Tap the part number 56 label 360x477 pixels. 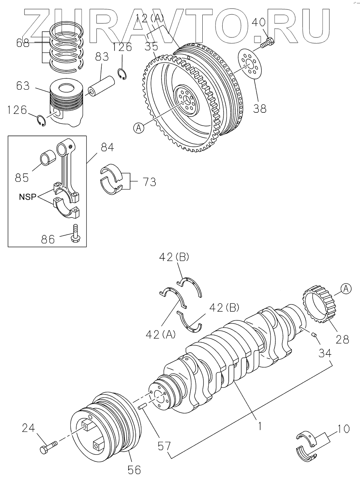[134, 469]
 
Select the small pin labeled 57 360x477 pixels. [142, 407]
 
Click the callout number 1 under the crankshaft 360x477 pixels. [260, 426]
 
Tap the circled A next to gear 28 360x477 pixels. [346, 289]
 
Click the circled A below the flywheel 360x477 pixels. [139, 128]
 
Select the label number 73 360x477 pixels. [149, 182]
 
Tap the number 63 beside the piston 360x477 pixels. [22, 86]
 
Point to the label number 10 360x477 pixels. [343, 429]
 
